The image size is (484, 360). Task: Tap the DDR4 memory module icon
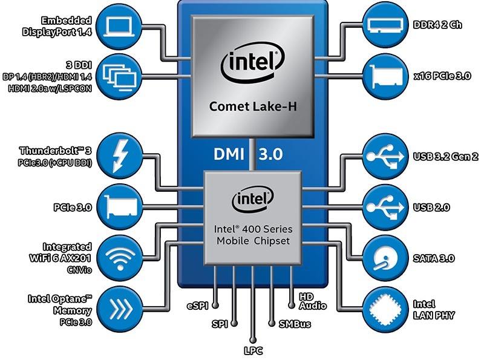point(386,25)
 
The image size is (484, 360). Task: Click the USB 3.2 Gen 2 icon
point(386,155)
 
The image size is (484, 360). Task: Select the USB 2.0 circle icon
point(386,207)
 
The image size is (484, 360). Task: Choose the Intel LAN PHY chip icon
point(386,308)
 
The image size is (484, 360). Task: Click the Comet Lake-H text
point(253,107)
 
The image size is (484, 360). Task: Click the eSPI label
point(198,305)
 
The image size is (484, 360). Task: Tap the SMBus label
point(294,324)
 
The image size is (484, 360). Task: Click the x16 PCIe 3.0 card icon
point(386,76)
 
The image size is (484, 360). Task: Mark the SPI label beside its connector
point(219,324)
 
